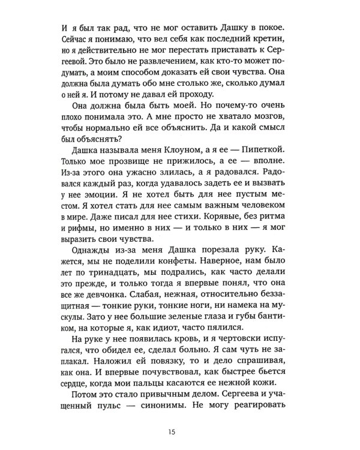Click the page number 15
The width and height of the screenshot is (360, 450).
coord(180,431)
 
